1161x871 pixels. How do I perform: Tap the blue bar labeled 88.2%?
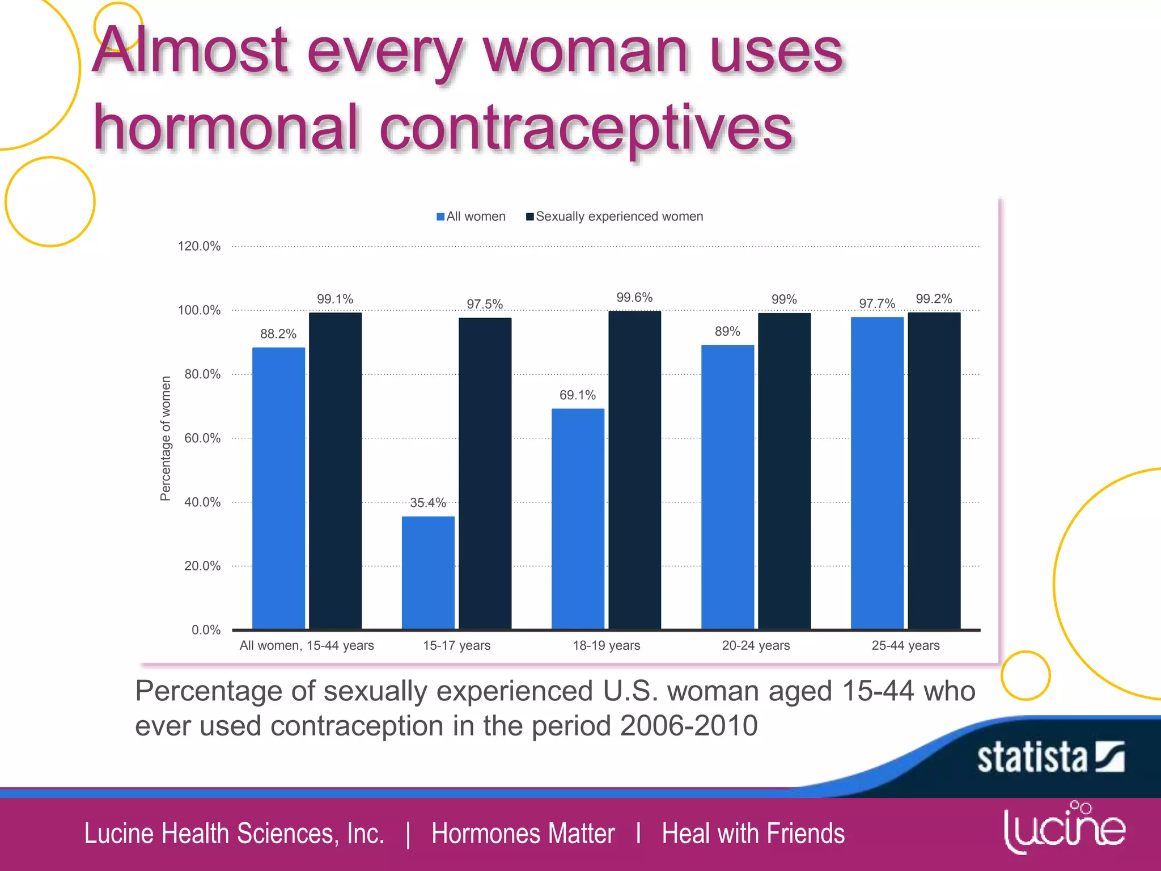tap(278, 488)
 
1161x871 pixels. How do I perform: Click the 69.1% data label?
tap(577, 395)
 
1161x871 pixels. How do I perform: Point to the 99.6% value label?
tap(634, 298)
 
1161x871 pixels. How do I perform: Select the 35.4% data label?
tap(427, 503)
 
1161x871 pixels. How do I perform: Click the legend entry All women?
tap(471, 217)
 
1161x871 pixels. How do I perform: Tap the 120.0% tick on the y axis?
tap(199, 246)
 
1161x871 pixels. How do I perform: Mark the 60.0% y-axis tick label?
tap(202, 438)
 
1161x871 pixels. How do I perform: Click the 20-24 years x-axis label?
tap(756, 645)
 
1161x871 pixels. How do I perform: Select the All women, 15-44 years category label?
tap(307, 645)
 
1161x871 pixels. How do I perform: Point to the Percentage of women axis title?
tap(166, 438)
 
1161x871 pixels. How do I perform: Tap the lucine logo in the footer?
tap(1064, 828)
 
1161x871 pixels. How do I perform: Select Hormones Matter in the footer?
tap(523, 834)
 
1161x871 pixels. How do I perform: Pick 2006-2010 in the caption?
tap(688, 726)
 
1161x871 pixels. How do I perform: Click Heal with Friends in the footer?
tap(753, 834)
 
